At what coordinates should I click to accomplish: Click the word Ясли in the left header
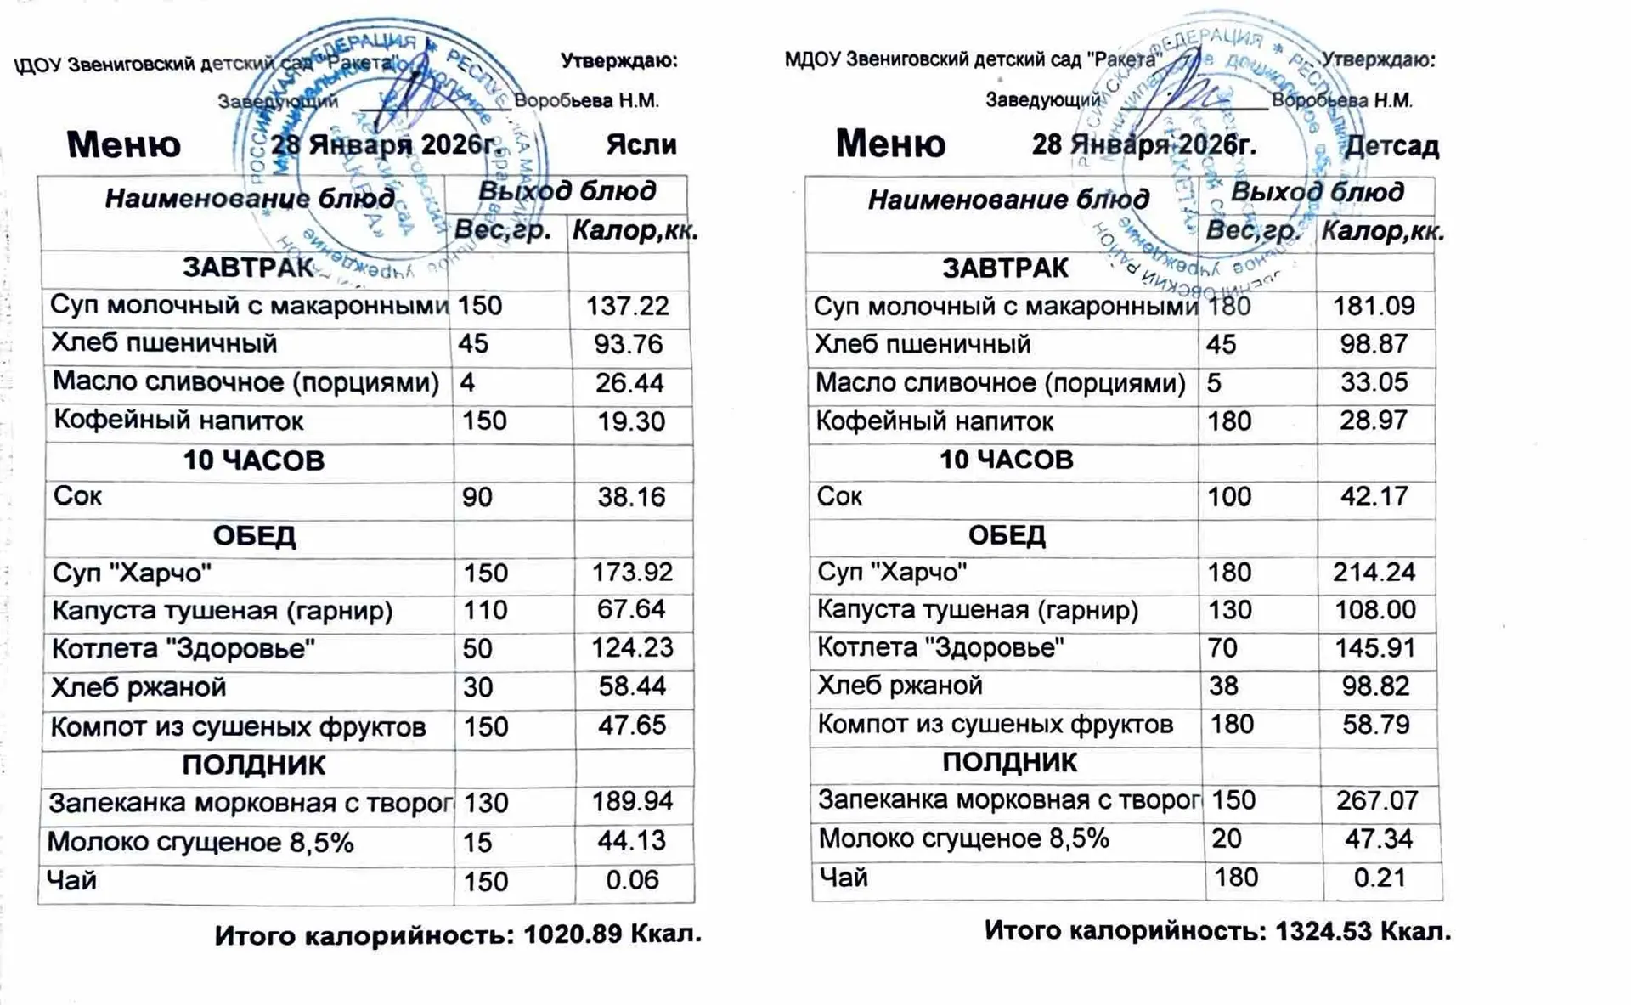point(641,145)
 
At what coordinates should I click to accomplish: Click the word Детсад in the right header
point(1391,146)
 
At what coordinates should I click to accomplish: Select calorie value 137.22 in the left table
point(628,306)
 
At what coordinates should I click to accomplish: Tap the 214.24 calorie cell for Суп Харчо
point(1374,572)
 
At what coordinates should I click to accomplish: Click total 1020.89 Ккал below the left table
point(612,934)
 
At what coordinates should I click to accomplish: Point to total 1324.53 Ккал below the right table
point(1363,931)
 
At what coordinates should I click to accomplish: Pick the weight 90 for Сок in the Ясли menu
point(477,497)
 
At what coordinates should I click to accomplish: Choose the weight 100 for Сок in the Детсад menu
point(1229,496)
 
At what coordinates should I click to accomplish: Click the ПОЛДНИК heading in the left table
point(253,765)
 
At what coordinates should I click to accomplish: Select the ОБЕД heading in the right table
point(1007,535)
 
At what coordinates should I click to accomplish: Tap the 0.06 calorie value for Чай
point(632,880)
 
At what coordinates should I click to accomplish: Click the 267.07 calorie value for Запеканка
point(1376,800)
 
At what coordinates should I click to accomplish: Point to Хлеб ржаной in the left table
point(139,686)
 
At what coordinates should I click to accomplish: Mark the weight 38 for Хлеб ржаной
point(1223,686)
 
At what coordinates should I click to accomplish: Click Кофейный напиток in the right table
point(934,421)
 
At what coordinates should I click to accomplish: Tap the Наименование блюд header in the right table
point(1007,200)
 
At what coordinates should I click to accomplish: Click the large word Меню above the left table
point(124,144)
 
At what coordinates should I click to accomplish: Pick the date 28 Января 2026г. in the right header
point(1143,145)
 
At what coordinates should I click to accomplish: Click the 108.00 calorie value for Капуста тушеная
point(1374,610)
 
